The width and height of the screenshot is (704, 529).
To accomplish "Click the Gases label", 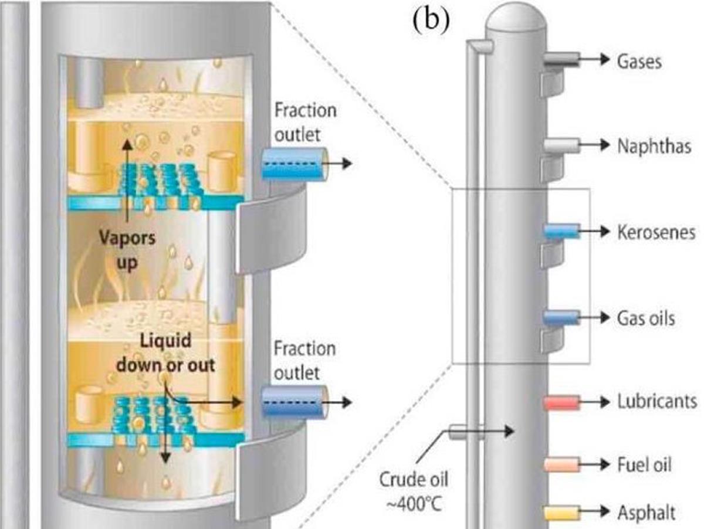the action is pyautogui.click(x=639, y=62).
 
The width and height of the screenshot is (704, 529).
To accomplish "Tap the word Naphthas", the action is pyautogui.click(x=654, y=146).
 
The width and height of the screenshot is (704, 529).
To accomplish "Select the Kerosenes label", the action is pyautogui.click(x=656, y=232).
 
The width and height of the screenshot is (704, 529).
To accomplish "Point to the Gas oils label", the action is pyautogui.click(x=646, y=318).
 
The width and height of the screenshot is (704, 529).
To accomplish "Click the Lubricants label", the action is pyautogui.click(x=657, y=401).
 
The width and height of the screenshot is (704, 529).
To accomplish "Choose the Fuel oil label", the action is pyautogui.click(x=644, y=464).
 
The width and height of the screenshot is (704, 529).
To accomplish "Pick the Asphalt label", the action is pyautogui.click(x=647, y=513).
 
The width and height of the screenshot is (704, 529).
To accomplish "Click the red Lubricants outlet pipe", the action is pyautogui.click(x=562, y=403).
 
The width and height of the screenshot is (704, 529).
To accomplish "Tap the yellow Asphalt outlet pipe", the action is pyautogui.click(x=562, y=513).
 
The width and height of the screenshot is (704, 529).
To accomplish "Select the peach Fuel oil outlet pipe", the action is pyautogui.click(x=562, y=465).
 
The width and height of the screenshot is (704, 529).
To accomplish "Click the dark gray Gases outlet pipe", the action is pyautogui.click(x=562, y=60).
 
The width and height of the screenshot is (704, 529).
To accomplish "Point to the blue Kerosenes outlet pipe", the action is pyautogui.click(x=562, y=231).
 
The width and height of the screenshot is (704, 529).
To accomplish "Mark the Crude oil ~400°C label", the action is pyautogui.click(x=414, y=492).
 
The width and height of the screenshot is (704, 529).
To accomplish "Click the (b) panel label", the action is pyautogui.click(x=431, y=20).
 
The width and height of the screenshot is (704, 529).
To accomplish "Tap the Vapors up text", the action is pyautogui.click(x=127, y=250).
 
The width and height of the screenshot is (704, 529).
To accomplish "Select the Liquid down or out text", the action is pyautogui.click(x=165, y=352).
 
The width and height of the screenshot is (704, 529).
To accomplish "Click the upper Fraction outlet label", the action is pyautogui.click(x=305, y=122).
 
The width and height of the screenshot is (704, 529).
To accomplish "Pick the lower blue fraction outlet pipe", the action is pyautogui.click(x=295, y=402).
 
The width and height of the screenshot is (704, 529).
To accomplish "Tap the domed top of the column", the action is pyautogui.click(x=515, y=18).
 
